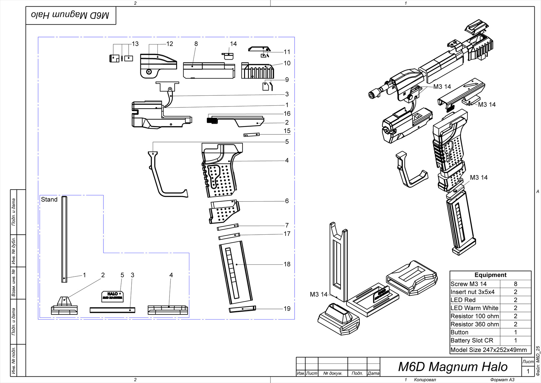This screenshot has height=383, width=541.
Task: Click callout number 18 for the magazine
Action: click(x=287, y=264)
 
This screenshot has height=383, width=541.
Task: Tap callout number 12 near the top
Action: click(x=170, y=44)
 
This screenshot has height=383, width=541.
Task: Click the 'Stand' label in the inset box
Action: click(x=49, y=199)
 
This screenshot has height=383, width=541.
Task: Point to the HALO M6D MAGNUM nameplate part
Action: click(x=113, y=296)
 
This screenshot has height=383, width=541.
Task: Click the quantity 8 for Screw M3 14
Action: click(x=515, y=284)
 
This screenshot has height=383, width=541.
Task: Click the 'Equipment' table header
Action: click(x=490, y=275)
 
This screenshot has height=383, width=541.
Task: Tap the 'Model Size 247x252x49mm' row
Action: click(x=488, y=350)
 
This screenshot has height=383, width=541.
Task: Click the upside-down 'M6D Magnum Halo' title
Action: click(x=70, y=15)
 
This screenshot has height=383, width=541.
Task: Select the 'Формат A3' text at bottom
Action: click(x=502, y=380)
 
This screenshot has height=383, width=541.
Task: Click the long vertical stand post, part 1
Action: click(x=64, y=239)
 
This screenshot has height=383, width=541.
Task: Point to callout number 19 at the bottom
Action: click(x=287, y=309)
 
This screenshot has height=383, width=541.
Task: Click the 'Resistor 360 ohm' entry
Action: click(x=475, y=324)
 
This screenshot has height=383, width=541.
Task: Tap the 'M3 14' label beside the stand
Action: click(x=319, y=294)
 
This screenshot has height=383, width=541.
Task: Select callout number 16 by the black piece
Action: click(x=287, y=113)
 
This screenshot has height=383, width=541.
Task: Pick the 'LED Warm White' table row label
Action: click(x=474, y=308)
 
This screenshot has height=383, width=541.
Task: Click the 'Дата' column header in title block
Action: click(x=373, y=373)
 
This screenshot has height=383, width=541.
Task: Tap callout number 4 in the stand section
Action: click(x=171, y=275)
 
